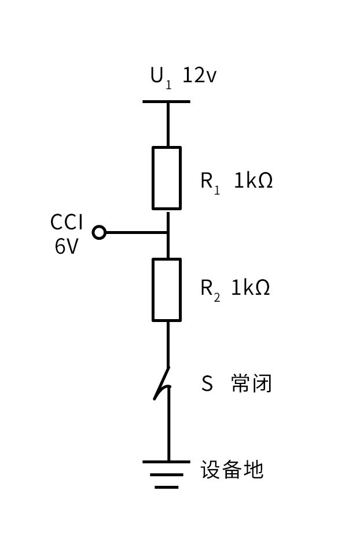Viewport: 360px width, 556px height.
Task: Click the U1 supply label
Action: click(x=160, y=76)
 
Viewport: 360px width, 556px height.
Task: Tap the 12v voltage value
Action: click(x=199, y=75)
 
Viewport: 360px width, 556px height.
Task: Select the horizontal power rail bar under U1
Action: click(x=166, y=102)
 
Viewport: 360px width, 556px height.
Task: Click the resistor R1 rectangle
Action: click(x=167, y=178)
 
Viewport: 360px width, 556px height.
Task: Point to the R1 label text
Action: click(x=210, y=181)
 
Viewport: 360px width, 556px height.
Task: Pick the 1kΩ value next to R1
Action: click(x=253, y=181)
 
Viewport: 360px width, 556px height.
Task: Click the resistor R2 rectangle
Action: click(x=167, y=290)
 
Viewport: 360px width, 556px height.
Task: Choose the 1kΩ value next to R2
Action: click(x=251, y=287)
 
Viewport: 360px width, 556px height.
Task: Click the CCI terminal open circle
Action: click(x=100, y=233)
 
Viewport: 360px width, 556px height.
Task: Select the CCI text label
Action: click(x=67, y=222)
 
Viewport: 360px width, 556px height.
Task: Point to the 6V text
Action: click(x=67, y=247)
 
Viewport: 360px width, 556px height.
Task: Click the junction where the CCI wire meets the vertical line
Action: click(x=167, y=233)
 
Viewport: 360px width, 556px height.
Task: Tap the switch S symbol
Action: click(x=164, y=384)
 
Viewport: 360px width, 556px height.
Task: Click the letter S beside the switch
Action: click(x=207, y=383)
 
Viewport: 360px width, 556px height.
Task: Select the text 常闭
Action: click(x=251, y=383)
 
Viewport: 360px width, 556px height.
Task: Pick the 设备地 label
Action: click(x=232, y=469)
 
